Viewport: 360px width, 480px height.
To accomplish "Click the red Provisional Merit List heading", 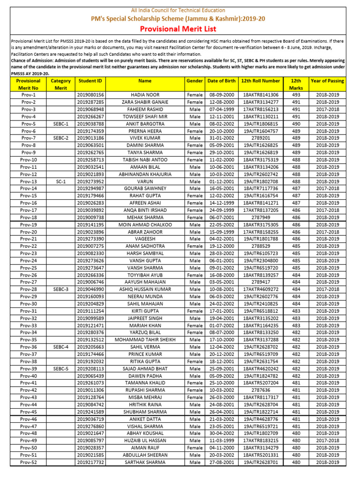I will point(180,29).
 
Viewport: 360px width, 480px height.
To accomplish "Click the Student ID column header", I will point(90,81).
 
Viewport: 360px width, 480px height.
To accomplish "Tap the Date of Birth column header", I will point(221,81).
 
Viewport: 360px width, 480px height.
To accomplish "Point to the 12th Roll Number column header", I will point(261,81).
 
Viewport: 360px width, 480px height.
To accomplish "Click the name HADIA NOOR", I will point(145,95).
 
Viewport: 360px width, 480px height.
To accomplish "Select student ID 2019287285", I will point(90,102).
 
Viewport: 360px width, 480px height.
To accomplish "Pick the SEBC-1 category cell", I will point(61,124).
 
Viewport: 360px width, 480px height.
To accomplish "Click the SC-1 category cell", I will point(61,181).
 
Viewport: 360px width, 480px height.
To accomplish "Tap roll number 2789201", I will point(261,138).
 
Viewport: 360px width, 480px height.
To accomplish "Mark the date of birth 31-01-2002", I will point(221,138).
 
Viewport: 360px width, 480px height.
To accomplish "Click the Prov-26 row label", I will point(29,275).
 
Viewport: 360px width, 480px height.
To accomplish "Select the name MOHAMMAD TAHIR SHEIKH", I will point(145,340).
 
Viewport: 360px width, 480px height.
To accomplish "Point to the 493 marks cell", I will point(296,95).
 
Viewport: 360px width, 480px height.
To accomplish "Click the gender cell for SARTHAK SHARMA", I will point(195,462).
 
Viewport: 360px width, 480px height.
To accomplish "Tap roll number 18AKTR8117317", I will point(261,397).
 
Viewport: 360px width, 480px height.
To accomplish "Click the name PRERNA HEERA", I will point(145,131).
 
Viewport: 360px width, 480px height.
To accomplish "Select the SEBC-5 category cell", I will point(61,369).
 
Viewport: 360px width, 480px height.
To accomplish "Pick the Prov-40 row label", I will point(29,376).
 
